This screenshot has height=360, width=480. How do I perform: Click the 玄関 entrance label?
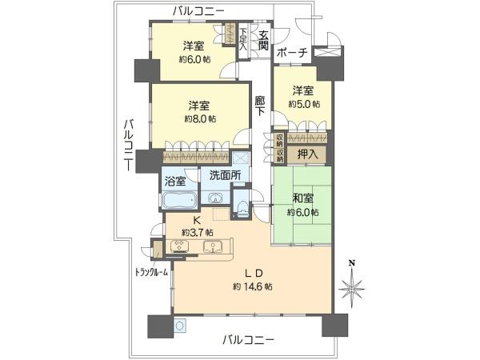coord(263,41)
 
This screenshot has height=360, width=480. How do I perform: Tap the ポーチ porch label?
coord(292,53)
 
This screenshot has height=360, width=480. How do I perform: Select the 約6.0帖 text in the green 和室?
coord(302,212)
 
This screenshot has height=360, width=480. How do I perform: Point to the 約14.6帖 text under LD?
coord(253,286)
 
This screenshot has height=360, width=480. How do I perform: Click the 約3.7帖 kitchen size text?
coord(198,232)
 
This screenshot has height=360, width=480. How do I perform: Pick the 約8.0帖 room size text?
coord(200,118)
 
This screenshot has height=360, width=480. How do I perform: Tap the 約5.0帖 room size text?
coord(304,104)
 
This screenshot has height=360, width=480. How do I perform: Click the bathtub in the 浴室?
coord(179,200)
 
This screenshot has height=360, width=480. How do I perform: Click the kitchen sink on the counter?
coord(213,246)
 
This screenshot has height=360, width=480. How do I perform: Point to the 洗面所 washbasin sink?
coord(215,198)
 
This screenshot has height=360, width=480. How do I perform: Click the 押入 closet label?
coord(308,154)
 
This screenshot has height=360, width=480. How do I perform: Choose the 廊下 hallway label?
coord(260,106)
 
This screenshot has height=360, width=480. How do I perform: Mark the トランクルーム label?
coord(152,272)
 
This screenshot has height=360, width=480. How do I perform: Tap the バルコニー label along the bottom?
coord(248,340)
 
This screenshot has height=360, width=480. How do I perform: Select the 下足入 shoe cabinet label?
coord(243,39)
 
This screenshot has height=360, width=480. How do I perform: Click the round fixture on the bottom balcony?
coord(181,326)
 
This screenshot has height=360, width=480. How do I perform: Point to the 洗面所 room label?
coord(225,175)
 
